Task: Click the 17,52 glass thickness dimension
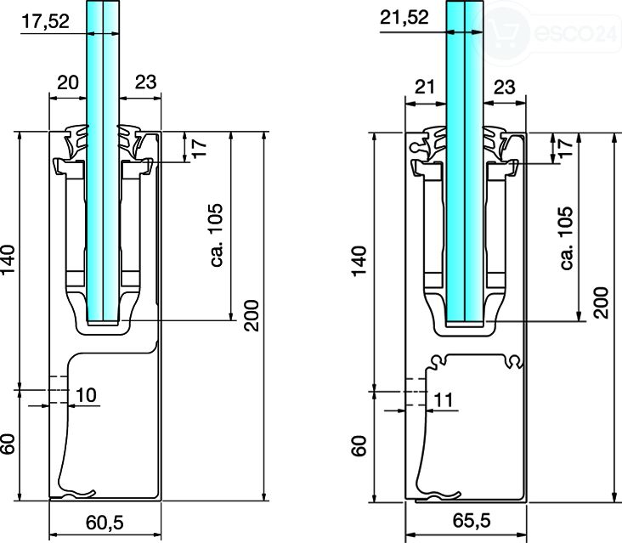[46, 21]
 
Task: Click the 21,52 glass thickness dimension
[404, 18]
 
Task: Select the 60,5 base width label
[105, 523]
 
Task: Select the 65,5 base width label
[472, 520]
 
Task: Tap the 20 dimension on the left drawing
[68, 83]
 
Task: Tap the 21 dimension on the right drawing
[425, 87]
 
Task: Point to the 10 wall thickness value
[86, 395]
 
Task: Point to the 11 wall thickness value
[444, 399]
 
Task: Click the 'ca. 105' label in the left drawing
[217, 235]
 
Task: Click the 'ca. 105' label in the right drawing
[567, 238]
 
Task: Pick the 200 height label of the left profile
[252, 315]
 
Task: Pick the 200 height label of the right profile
[602, 303]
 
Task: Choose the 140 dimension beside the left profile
[8, 259]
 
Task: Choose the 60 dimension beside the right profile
[359, 446]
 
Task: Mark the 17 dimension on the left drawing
[199, 149]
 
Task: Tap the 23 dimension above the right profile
[504, 87]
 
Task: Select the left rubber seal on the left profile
[76, 142]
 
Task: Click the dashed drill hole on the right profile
[416, 392]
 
